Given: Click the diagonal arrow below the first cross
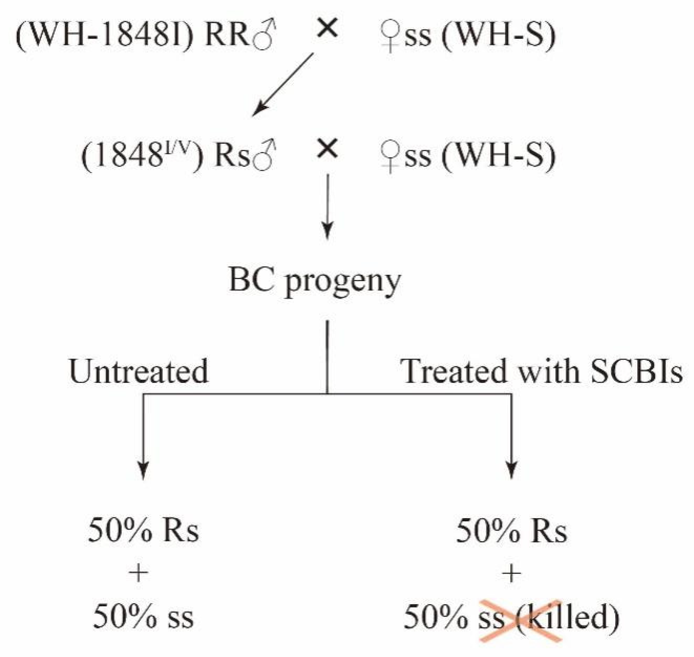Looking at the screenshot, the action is tap(283, 85).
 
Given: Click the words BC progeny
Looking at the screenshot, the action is tap(315, 280).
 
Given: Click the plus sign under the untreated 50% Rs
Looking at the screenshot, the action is tap(139, 574).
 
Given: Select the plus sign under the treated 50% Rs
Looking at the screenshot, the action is tap(511, 574).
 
